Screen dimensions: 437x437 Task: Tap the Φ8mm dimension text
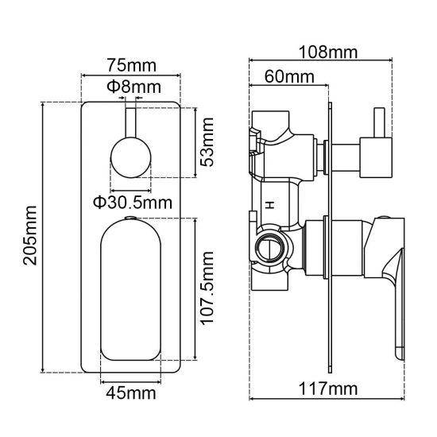[133, 85]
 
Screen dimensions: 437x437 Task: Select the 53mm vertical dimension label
[208, 140]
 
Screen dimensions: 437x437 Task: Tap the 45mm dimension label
[131, 393]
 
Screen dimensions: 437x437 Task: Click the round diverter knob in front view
[129, 155]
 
